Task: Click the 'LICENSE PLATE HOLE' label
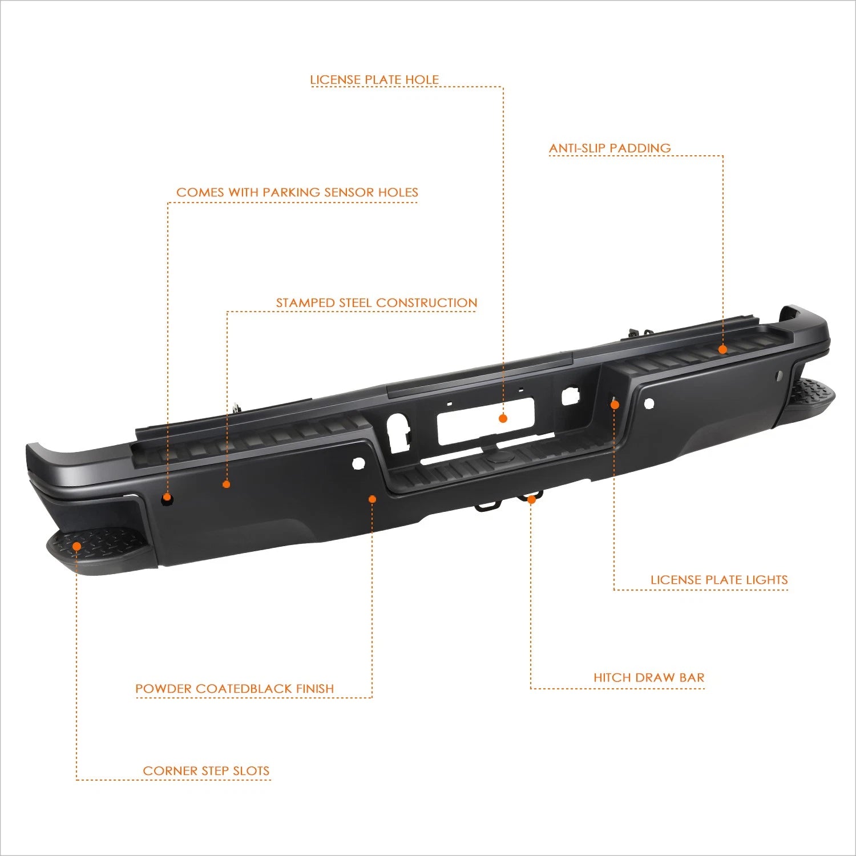pos(374,79)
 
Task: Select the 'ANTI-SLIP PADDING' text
pos(610,148)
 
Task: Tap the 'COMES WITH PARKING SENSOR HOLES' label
pos(297,192)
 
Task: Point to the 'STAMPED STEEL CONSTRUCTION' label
pos(377,302)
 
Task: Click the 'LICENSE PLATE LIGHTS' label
pos(719,579)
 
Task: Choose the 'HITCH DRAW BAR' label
pos(649,677)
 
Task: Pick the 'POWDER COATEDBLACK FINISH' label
pos(235,688)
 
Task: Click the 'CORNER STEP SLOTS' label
pos(206,770)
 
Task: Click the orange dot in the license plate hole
pos(503,418)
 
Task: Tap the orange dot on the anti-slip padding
pos(722,349)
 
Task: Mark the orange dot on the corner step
pos(76,546)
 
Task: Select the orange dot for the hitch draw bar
pos(531,499)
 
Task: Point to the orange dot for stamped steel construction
pos(227,484)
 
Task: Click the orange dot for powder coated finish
pos(372,499)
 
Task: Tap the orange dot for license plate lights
pos(615,404)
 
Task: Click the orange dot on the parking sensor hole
pos(167,497)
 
